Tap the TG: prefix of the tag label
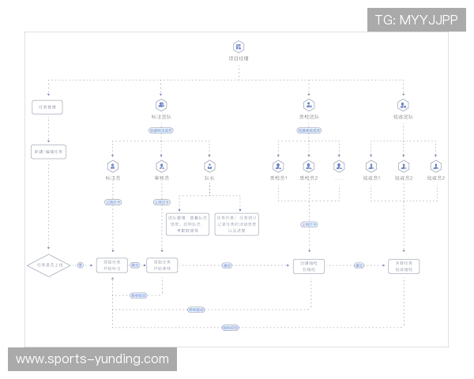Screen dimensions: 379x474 tap(386, 19)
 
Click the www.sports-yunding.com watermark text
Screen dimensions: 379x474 tap(92, 359)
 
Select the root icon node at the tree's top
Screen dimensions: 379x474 tap(238, 47)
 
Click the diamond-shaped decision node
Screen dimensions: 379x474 tap(48, 265)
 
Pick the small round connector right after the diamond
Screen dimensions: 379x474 tap(80, 265)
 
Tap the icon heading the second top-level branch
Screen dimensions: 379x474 tap(161, 103)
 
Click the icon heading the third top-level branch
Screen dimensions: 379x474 tap(309, 103)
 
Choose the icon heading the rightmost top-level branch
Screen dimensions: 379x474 tap(404, 103)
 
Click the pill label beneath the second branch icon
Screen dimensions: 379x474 tap(161, 130)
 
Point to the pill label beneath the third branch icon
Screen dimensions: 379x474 tap(309, 130)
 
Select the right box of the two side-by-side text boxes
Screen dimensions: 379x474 tap(236, 224)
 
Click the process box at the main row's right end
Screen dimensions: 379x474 tap(404, 265)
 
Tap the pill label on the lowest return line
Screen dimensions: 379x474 tap(230, 327)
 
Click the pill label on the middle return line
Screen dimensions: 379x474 tap(195, 310)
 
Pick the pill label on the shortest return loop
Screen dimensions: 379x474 tap(139, 295)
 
